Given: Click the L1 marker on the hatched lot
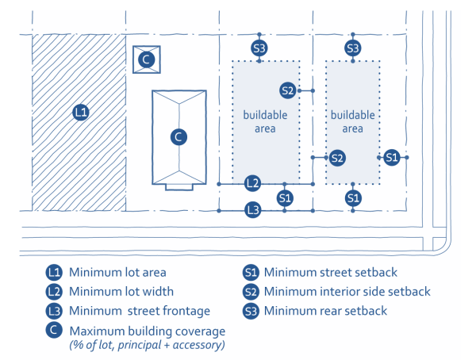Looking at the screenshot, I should (x=79, y=112).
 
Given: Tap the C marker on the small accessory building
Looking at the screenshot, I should (x=146, y=59).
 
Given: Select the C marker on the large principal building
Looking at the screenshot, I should (x=179, y=136).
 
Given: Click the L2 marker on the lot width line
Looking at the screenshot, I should (x=252, y=183).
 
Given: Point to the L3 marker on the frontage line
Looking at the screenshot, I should (x=252, y=210).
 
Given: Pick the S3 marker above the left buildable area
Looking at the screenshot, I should (x=259, y=48).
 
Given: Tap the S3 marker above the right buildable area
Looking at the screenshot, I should (x=354, y=48).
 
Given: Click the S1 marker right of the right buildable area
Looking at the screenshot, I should (x=391, y=158).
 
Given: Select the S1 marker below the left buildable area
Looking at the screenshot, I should (x=286, y=197).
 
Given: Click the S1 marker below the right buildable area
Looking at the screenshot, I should (x=354, y=197).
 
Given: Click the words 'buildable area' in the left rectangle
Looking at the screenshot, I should (x=265, y=121).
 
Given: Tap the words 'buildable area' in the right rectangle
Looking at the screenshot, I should (x=352, y=121).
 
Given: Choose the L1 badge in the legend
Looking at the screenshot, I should (x=53, y=272).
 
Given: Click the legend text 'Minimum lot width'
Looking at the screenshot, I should (x=121, y=292).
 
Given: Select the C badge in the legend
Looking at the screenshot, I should (x=53, y=330).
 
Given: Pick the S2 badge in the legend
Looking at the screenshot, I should (x=251, y=292).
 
